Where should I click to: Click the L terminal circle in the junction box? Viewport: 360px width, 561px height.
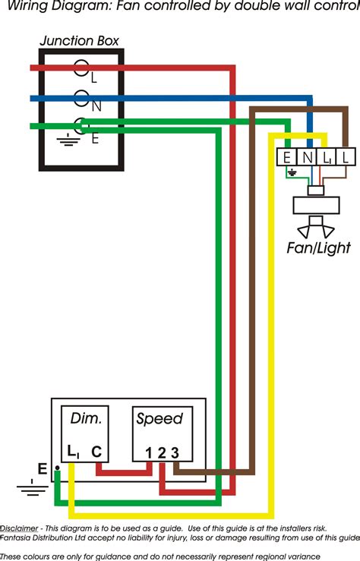(81, 68)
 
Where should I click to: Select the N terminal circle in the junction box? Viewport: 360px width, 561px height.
(81, 98)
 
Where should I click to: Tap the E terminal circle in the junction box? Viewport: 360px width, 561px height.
(81, 126)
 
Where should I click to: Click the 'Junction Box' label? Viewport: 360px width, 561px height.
(78, 41)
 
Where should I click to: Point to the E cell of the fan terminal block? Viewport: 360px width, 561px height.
(286, 157)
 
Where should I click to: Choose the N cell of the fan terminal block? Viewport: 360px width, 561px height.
(306, 157)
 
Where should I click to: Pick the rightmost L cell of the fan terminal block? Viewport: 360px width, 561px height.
(345, 157)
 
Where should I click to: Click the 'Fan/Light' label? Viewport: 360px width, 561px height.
(318, 248)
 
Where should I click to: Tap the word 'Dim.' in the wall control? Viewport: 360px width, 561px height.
(86, 418)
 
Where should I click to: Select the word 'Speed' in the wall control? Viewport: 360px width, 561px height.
(159, 418)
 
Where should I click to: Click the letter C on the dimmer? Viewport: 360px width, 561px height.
(96, 452)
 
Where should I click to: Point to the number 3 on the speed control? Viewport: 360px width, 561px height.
(175, 453)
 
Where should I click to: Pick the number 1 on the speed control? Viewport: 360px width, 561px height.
(149, 453)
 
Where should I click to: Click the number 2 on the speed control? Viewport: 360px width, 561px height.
(162, 453)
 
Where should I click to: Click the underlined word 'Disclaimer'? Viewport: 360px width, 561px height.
(21, 528)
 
